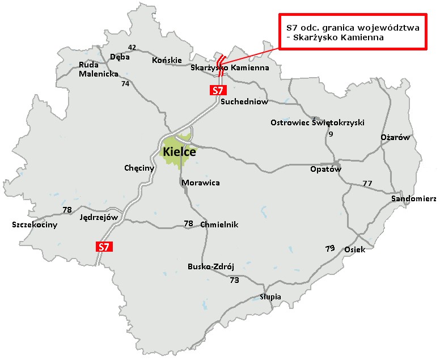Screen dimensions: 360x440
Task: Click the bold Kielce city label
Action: pos(179,152)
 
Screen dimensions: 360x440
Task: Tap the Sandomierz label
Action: pos(413,198)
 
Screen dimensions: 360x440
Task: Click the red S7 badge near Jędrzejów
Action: pos(103,246)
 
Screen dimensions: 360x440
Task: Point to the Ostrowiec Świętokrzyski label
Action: pos(318,122)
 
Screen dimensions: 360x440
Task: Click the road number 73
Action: pos(234,280)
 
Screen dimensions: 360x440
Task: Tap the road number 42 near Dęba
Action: pos(132,47)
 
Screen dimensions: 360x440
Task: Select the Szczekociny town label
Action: pos(35,225)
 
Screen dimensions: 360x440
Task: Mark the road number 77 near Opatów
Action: pos(367,183)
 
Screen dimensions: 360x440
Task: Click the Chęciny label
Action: pos(139,168)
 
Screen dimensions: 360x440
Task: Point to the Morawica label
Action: pos(201,183)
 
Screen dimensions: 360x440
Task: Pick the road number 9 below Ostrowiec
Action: pos(331,134)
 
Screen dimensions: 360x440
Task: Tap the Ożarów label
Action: pos(395,138)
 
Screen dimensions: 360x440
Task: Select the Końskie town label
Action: pos(167,60)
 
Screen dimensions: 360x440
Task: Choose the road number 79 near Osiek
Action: pos(330,249)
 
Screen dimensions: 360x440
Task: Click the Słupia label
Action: pos(270,297)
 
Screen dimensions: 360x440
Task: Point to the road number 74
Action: pos(125,83)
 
